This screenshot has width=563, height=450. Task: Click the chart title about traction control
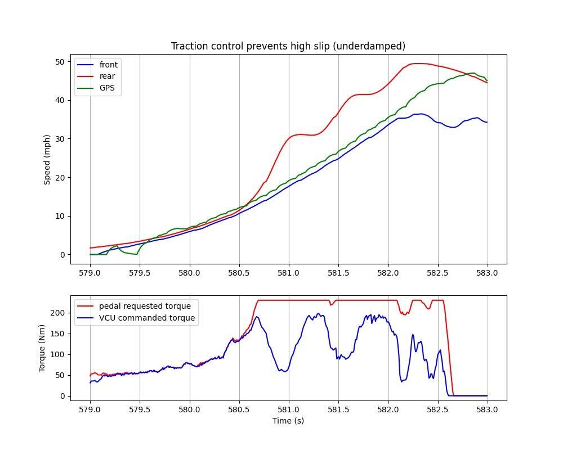point(288,46)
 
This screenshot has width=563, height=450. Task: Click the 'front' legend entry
point(108,65)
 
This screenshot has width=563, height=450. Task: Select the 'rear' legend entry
point(107,76)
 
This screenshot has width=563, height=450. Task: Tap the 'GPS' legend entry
point(107,88)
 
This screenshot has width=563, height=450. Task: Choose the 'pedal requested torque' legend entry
point(145,306)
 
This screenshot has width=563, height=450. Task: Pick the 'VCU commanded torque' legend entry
point(147,318)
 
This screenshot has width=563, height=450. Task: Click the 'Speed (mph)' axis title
point(47,159)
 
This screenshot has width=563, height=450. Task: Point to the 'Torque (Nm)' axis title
point(42,347)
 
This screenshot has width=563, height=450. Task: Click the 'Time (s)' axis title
point(288,421)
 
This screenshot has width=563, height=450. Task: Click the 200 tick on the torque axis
point(58,313)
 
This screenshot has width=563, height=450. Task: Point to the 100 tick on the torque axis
point(58,354)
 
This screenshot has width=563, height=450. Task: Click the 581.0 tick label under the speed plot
point(289,273)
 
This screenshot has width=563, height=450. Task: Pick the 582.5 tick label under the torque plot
point(438,409)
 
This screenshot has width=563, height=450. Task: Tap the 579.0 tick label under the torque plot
point(90,409)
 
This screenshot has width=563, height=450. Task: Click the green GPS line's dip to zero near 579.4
point(135,254)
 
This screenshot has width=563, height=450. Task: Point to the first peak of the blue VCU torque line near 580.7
point(257,317)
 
